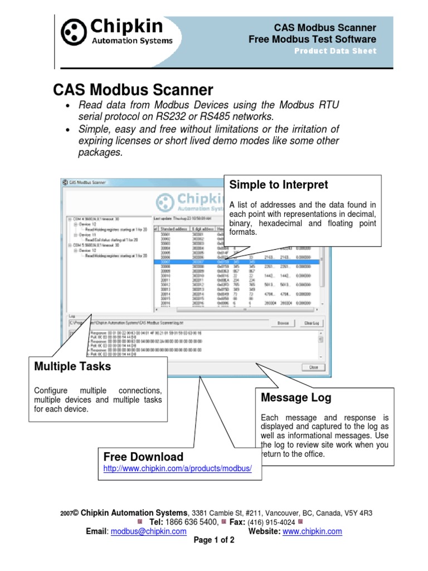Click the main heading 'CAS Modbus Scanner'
[x=133, y=90]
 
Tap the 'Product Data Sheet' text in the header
[x=335, y=51]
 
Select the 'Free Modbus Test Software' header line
[x=312, y=39]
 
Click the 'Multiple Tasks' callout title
[x=72, y=366]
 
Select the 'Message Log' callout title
[x=296, y=398]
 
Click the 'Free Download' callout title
[x=143, y=457]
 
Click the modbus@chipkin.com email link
[x=148, y=531]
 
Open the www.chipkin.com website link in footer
[x=312, y=531]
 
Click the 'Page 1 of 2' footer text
[x=214, y=540]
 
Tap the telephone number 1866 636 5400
[x=196, y=522]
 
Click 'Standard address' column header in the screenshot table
[x=173, y=228]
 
